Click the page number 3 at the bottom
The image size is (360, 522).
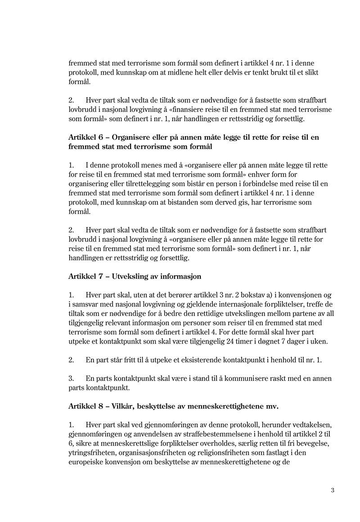pyautogui.click(x=333, y=490)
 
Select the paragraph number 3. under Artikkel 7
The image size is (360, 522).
pyautogui.click(x=71, y=379)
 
